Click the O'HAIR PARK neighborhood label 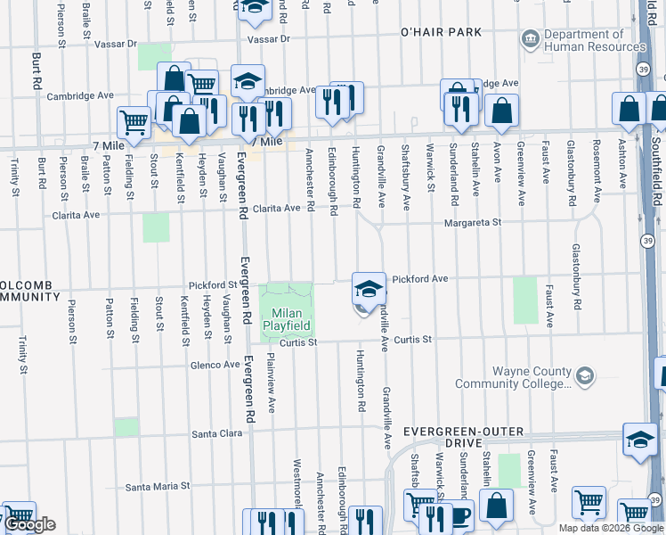[x=441, y=32]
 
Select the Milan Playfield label [x=286, y=320]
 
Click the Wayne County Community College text [x=511, y=377]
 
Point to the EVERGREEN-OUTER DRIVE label [x=443, y=436]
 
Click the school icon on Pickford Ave [x=369, y=289]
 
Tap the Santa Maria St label [x=158, y=487]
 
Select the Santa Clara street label [x=217, y=433]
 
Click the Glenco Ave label [x=214, y=364]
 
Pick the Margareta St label [x=474, y=223]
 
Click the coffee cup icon [x=459, y=516]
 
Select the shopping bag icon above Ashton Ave [x=629, y=108]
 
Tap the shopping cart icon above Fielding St [x=134, y=122]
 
